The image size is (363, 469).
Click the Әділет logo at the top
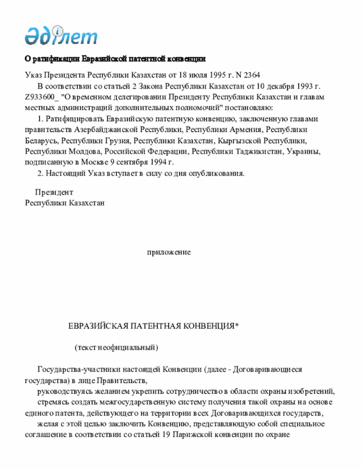coord(61,36)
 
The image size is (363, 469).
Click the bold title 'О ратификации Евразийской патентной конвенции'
coord(115,59)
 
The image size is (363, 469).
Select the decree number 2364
coord(251,75)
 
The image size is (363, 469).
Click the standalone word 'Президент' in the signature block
coord(54,193)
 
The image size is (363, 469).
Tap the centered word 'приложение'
coord(168,252)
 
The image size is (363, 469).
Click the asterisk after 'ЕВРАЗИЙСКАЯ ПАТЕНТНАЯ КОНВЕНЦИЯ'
coord(237,326)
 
